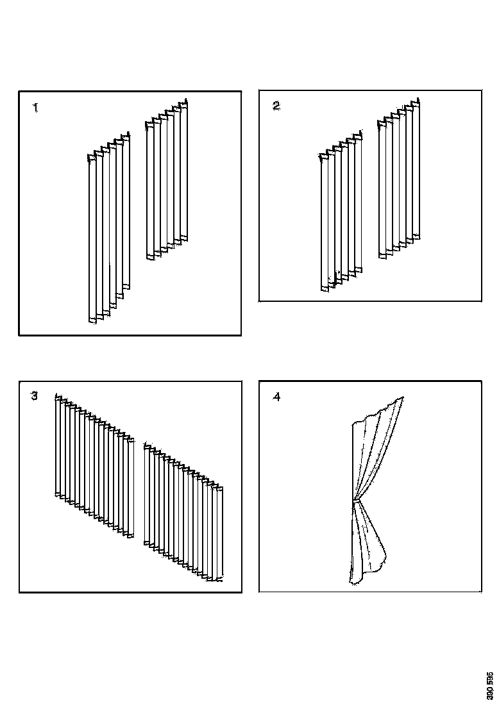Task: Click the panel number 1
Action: (x=36, y=108)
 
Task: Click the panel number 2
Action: (x=276, y=106)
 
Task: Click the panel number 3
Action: (x=35, y=396)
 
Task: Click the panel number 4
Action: (x=276, y=397)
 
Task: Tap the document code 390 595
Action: (x=491, y=685)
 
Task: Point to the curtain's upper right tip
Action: (x=403, y=398)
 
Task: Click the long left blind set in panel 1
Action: (x=108, y=231)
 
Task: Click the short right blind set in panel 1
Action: (x=167, y=179)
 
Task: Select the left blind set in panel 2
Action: (x=340, y=215)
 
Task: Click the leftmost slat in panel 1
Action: (x=92, y=237)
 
